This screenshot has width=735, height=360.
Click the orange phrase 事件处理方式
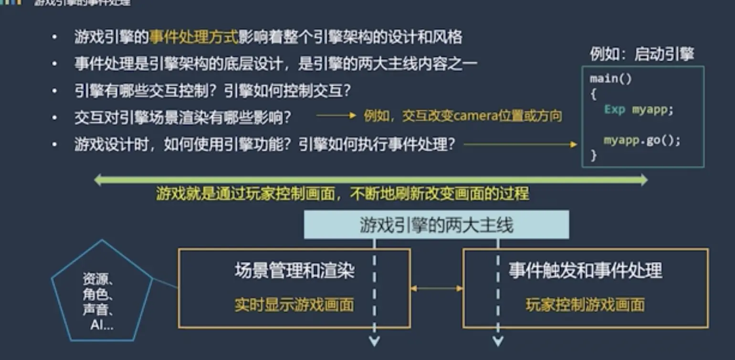[193, 37]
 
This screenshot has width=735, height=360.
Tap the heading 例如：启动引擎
[641, 54]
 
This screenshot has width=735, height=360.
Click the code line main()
[610, 79]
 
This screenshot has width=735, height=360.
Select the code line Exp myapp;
[639, 109]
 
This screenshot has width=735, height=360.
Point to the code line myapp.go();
[641, 141]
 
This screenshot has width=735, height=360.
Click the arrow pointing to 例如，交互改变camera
[336, 116]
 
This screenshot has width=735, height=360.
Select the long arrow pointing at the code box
[520, 144]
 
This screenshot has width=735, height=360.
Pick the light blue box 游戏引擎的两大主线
[436, 225]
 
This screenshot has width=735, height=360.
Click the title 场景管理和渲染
[294, 271]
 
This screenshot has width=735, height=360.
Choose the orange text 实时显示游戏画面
[294, 305]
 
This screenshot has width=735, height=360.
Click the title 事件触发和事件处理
[585, 271]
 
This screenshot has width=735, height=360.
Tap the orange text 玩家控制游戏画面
[585, 305]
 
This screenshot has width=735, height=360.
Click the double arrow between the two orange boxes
[437, 288]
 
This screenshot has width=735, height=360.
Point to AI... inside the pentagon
[102, 326]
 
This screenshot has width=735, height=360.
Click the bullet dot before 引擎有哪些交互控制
[55, 91]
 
